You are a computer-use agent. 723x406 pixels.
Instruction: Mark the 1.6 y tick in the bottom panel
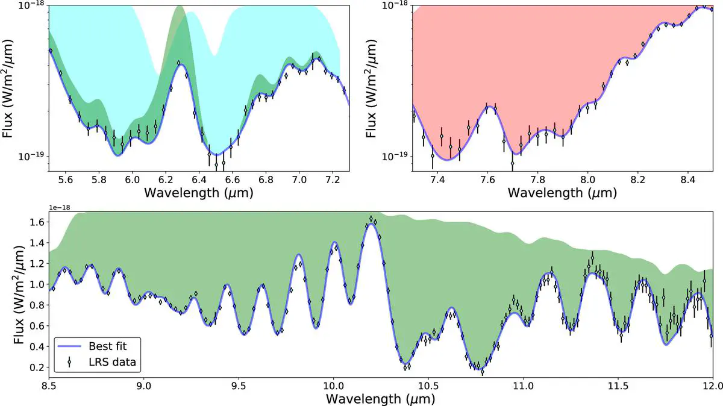[x=36, y=222]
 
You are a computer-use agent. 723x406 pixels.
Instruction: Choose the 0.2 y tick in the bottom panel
[x=36, y=367]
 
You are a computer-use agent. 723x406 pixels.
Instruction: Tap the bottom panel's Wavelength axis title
[x=380, y=398]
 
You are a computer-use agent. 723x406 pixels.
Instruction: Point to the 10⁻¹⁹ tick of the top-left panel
[x=31, y=157]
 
